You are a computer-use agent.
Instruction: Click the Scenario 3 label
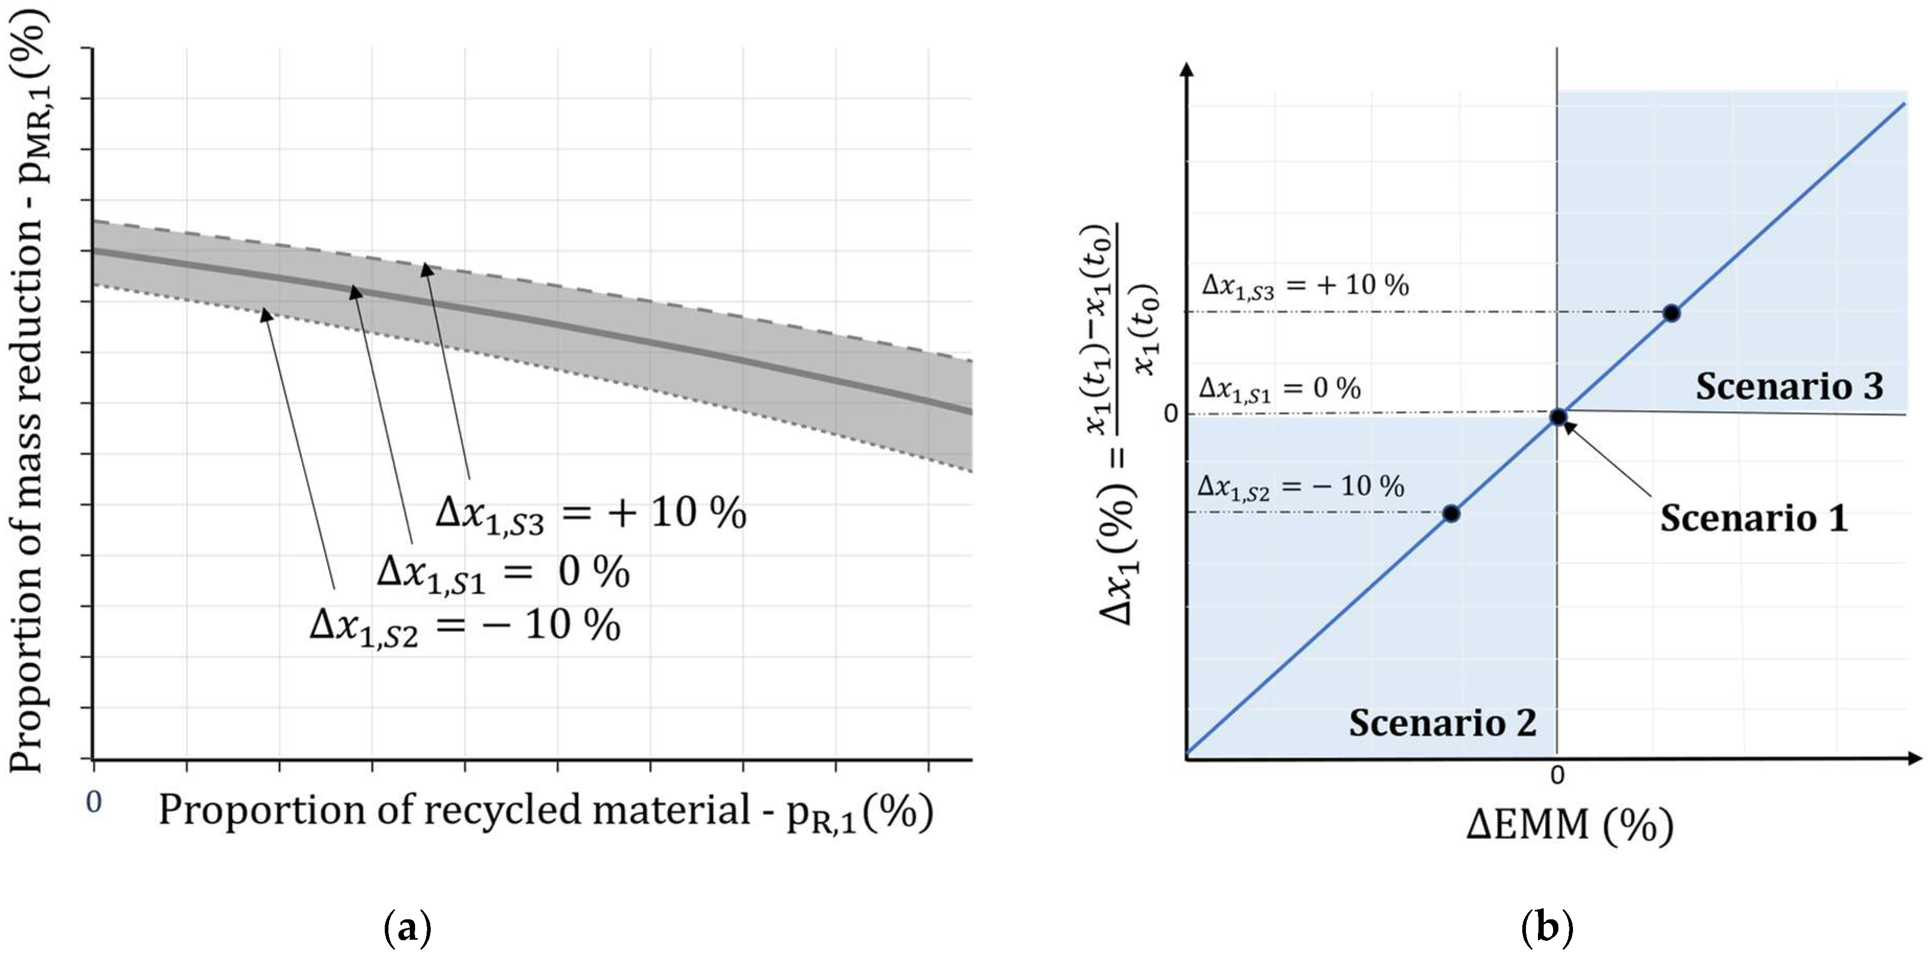(1789, 387)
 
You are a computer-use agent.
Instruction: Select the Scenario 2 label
(1442, 723)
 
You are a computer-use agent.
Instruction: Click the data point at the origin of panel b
(1558, 417)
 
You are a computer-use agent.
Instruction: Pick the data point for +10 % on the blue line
(1671, 314)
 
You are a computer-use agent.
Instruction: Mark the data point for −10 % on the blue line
(1451, 513)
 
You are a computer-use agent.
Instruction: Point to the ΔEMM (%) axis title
(1569, 826)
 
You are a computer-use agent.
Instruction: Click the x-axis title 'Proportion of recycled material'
(546, 811)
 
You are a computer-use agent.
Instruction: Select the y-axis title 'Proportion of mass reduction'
(28, 389)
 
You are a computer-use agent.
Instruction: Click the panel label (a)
(407, 929)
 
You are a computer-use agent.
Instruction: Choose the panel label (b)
(1547, 929)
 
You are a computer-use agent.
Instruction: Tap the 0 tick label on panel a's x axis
(94, 802)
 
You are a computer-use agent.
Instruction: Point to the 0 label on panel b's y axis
(1171, 414)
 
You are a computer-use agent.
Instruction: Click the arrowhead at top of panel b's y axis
(1187, 70)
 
